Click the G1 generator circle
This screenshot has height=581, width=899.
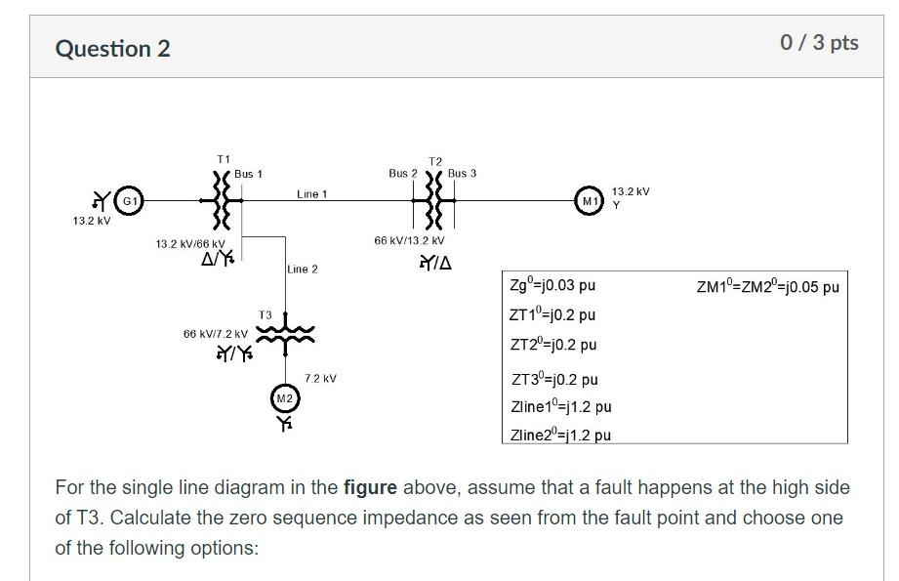point(127,201)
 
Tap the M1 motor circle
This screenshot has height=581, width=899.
point(589,201)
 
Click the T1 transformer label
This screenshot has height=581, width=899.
point(224,158)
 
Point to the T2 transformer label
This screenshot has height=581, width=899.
point(434,161)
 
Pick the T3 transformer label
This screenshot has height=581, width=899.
point(266,315)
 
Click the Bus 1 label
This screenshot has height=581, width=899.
point(248,174)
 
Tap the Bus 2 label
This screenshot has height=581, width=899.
point(402,174)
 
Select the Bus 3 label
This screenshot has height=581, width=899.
point(463,174)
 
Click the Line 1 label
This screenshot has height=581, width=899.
point(311,194)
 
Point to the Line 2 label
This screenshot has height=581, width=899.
point(303,269)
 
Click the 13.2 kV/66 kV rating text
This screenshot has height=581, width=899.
point(190,243)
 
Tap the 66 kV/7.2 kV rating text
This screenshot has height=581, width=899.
point(215,334)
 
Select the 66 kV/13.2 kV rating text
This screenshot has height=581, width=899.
point(409,240)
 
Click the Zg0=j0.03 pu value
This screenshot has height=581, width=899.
point(552,286)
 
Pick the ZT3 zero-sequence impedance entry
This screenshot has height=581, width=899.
point(553,379)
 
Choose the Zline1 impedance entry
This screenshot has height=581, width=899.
point(560,406)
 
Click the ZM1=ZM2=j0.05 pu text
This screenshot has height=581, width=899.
point(767,286)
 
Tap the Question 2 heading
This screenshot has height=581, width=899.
point(112,49)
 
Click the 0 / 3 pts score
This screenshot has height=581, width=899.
point(819,42)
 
